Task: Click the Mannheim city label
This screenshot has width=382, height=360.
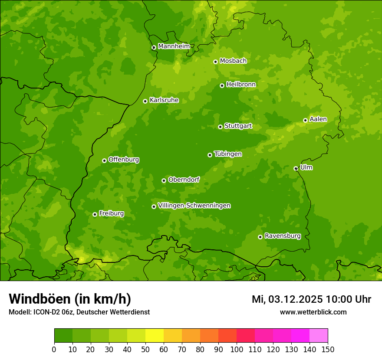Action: click(174, 46)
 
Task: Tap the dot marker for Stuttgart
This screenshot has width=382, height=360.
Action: click(220, 127)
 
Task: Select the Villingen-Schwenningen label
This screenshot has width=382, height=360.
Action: click(194, 206)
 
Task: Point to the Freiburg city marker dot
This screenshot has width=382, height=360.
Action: click(95, 214)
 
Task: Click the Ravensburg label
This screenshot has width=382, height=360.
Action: click(283, 236)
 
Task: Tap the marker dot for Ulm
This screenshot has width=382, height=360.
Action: click(296, 168)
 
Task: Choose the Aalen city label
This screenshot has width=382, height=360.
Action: click(318, 119)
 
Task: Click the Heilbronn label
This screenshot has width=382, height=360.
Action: click(241, 85)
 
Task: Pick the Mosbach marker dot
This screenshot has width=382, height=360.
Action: click(215, 62)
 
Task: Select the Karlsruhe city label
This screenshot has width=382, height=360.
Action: click(164, 100)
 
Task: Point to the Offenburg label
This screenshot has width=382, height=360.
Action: click(124, 160)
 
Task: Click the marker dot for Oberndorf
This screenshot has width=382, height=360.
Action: click(164, 180)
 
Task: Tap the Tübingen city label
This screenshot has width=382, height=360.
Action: click(228, 154)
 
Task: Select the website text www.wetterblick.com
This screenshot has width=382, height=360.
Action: click(313, 312)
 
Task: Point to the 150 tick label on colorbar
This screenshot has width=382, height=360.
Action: click(328, 350)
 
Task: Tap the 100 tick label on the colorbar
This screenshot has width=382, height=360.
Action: click(237, 350)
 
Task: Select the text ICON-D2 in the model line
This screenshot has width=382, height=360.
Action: click(46, 312)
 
